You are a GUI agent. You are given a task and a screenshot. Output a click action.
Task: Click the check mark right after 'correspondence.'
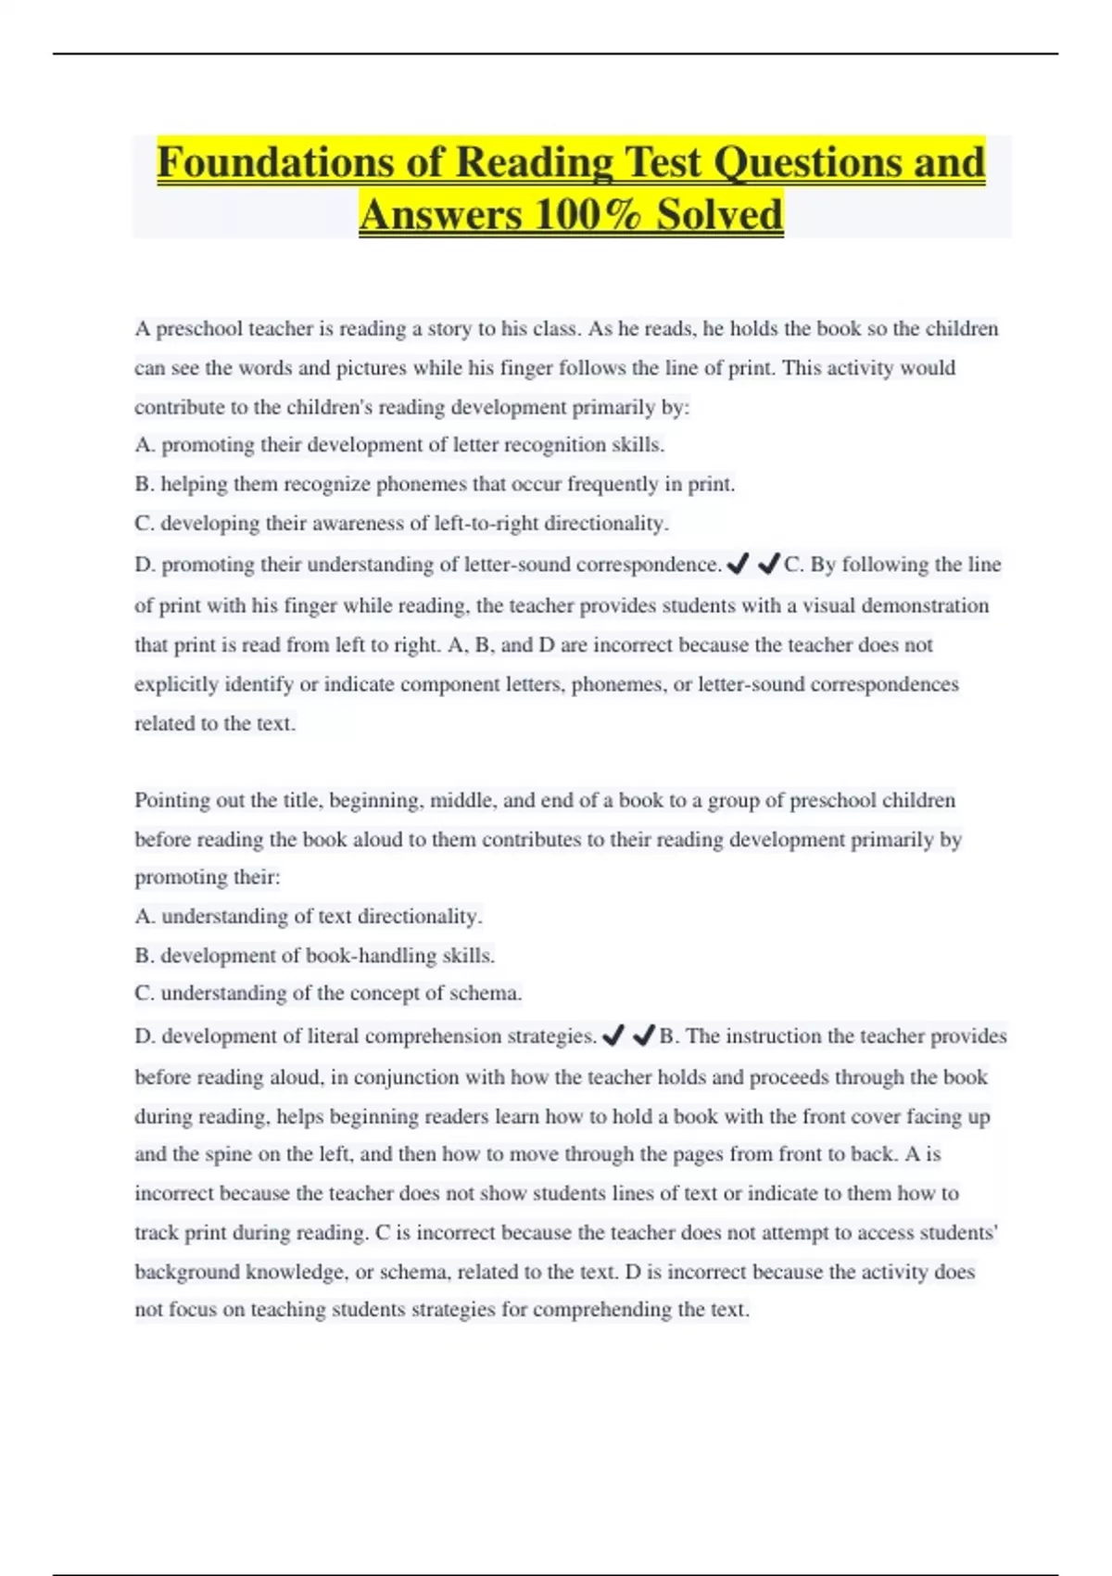tap(739, 564)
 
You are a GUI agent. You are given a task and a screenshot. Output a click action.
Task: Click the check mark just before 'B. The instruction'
tap(643, 1036)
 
